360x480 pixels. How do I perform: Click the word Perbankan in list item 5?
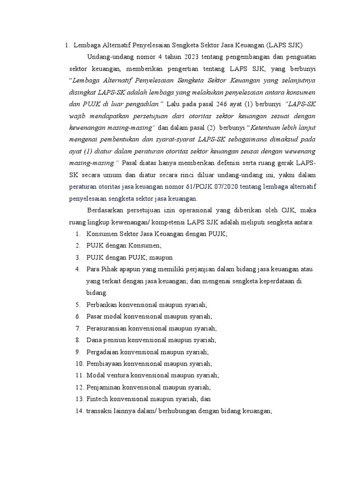click(102, 304)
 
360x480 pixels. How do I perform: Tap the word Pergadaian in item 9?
click(103, 351)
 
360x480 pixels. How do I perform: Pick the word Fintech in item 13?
click(97, 399)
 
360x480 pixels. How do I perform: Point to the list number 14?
click(78, 411)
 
